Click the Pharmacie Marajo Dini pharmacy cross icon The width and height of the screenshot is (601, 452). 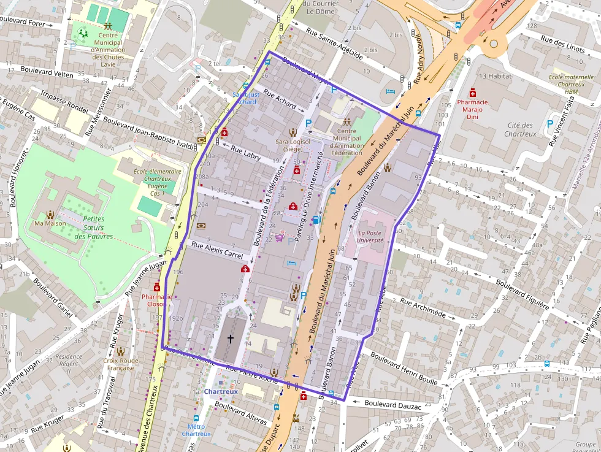472,92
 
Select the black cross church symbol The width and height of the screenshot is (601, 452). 231,339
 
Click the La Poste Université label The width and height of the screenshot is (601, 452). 370,237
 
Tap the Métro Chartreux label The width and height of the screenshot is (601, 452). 196,430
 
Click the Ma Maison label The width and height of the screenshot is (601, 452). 50,223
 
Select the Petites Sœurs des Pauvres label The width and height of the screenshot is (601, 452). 94,228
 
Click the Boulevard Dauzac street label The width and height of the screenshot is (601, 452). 392,405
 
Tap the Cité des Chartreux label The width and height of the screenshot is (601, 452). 520,129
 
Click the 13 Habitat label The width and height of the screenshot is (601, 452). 495,76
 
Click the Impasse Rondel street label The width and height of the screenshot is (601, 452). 64,102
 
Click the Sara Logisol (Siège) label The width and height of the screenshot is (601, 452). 293,145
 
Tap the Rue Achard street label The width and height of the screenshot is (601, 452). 280,101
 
